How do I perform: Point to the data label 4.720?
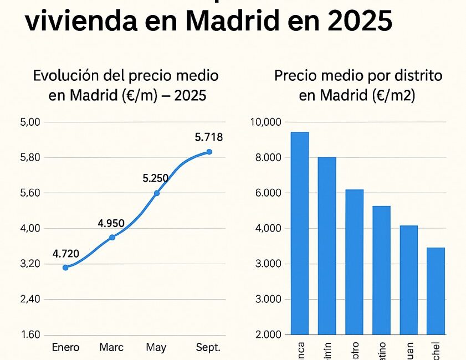pyautogui.click(x=66, y=254)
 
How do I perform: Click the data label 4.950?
pyautogui.click(x=111, y=224)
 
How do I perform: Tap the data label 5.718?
pyautogui.click(x=209, y=137)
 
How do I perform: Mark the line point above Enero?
pyautogui.click(x=65, y=268)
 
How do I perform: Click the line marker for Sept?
pyautogui.click(x=209, y=152)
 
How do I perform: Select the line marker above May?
pyautogui.click(x=157, y=193)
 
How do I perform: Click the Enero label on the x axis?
pyautogui.click(x=65, y=348)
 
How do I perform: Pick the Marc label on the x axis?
pyautogui.click(x=111, y=348)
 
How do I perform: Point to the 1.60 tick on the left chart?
pyautogui.click(x=30, y=335)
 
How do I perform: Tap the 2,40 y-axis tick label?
pyautogui.click(x=30, y=299)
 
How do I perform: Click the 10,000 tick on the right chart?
pyautogui.click(x=267, y=122)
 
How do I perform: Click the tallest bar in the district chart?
pyautogui.click(x=300, y=233)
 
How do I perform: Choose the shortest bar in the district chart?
pyautogui.click(x=436, y=291)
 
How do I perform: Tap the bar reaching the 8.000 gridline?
pyautogui.click(x=327, y=246)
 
